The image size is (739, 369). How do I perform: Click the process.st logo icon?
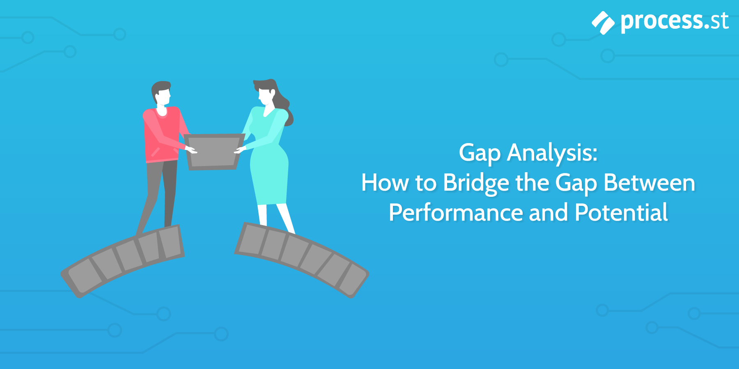coord(603,23)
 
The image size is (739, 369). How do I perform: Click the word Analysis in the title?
coord(552,153)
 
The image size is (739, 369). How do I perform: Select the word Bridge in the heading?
coord(476,183)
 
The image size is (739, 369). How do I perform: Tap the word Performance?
coord(456,212)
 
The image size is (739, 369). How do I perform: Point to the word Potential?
coord(621,212)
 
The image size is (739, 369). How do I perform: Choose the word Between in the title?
coord(649,183)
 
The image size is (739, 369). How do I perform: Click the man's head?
coord(161,93)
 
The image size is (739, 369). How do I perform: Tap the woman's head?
coord(265,92)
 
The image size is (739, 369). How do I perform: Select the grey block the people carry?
coord(213,151)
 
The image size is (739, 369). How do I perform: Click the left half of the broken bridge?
coord(123,258)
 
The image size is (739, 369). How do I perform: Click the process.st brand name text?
coord(675,21)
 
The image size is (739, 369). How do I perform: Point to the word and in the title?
coord(549,212)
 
